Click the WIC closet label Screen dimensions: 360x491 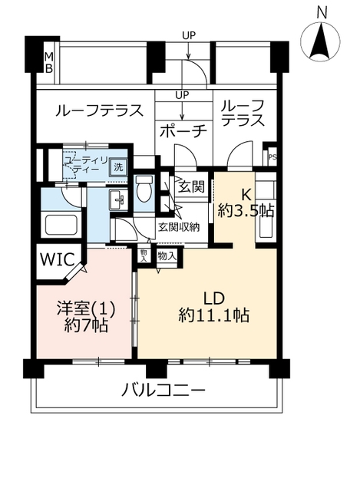coord(58,259)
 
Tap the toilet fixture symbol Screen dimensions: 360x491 coord(144,188)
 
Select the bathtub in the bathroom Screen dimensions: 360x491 coord(61,225)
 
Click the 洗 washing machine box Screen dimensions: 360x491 coord(118,167)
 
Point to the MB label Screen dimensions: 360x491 coord(49,63)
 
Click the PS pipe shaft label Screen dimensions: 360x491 coord(272,157)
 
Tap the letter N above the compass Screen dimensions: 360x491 coord(322,13)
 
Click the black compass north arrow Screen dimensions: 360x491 coord(320,41)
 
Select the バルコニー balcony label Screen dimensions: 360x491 coord(163,390)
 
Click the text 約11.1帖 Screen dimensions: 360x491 coord(214,315)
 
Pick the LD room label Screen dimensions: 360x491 coord(214,298)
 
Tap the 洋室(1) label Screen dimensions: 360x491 coord(86,308)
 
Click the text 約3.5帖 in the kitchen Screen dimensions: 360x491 coord(246,211)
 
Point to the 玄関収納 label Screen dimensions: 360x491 coord(179,227)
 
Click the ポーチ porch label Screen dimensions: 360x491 coord(183,131)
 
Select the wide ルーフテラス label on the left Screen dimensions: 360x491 coord(99,110)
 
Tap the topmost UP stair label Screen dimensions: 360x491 coord(189,35)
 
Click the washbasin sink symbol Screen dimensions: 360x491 coord(118,199)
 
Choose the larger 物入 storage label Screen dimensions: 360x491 coord(167,257)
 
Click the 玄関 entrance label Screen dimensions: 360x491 coord(191,186)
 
